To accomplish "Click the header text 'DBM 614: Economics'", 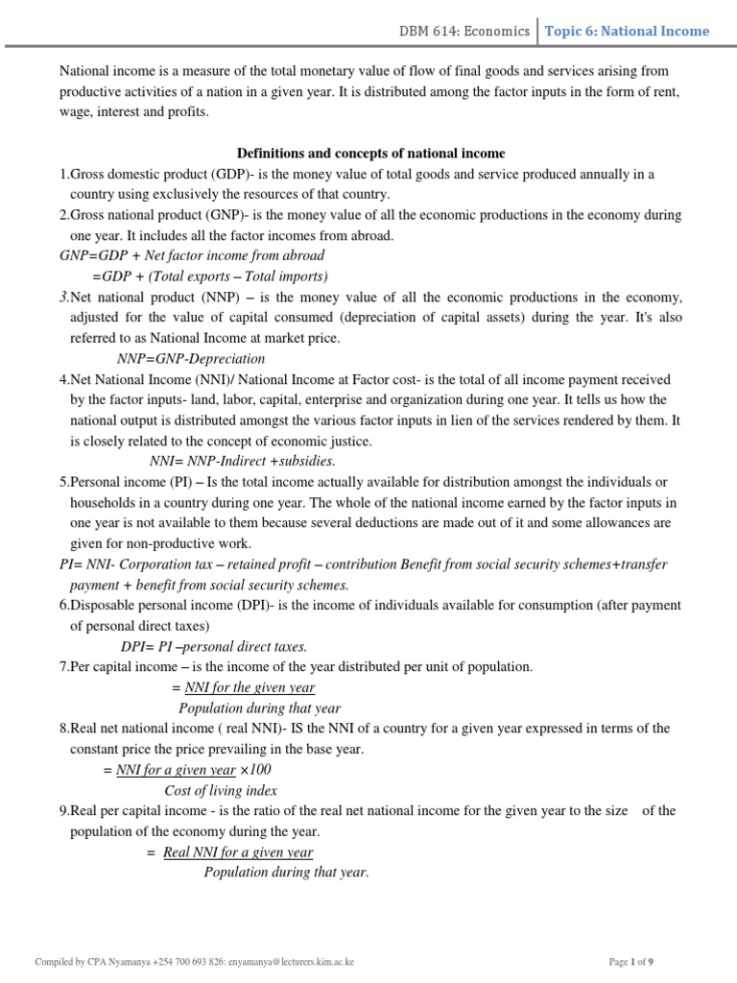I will coord(464,31).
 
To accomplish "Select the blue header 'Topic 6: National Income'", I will coord(627,31).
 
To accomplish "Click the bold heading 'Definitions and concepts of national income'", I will coord(370,154).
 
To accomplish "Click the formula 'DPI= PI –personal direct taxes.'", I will coord(214,646).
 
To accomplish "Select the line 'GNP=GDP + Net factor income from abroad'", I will coord(192,255).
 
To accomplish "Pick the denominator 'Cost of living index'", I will coord(221,790).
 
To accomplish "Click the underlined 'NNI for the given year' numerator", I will coord(250,687).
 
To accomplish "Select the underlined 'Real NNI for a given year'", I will coord(238,851).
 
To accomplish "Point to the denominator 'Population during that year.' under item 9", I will coord(286,873).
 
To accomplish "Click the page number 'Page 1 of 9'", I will coord(630,961).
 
